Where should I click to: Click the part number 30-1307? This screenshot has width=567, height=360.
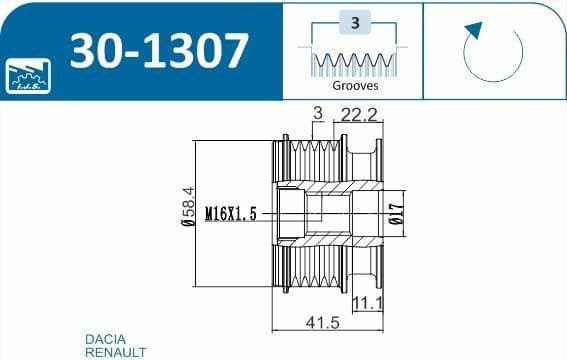click(x=159, y=51)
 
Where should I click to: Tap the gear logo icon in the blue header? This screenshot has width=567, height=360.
click(x=28, y=76)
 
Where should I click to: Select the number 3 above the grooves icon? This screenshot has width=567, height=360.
click(x=355, y=23)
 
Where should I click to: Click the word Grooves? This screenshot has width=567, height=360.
click(x=355, y=86)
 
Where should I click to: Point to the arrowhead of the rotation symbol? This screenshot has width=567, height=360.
click(x=474, y=30)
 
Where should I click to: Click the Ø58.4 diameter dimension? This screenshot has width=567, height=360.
click(x=188, y=207)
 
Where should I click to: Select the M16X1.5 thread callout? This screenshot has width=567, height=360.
click(x=231, y=214)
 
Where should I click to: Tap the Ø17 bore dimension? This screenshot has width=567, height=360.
click(x=397, y=214)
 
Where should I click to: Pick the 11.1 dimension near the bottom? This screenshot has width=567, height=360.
click(x=368, y=303)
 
